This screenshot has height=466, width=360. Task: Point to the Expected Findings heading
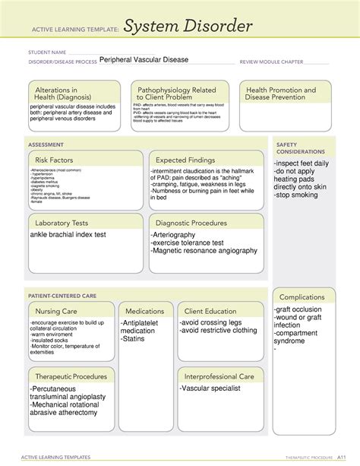tap(188, 160)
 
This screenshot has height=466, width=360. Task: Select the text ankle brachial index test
tap(68, 236)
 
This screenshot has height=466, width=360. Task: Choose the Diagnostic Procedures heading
tap(191, 223)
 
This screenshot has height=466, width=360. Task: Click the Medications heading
tap(145, 311)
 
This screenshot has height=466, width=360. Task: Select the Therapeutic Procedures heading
tap(70, 376)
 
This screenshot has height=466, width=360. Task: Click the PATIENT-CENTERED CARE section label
tap(62, 294)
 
